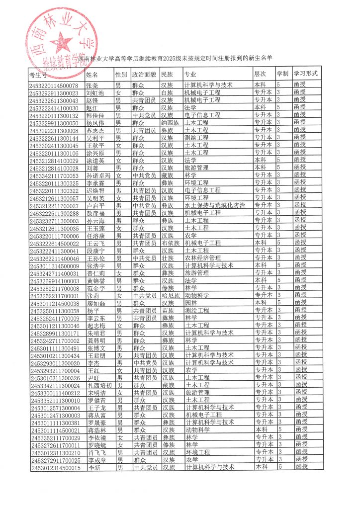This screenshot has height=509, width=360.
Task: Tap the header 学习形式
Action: click(306, 73)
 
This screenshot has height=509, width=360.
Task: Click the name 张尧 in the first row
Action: click(92, 85)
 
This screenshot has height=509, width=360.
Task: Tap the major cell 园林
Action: click(191, 303)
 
